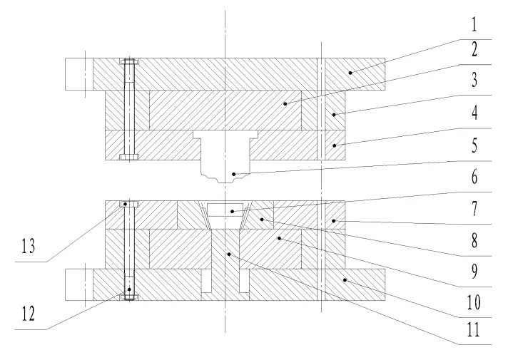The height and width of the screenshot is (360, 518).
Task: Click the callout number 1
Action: pos(474,25)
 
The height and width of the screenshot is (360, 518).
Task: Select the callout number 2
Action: pos(474,49)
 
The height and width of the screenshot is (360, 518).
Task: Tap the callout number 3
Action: pos(474,80)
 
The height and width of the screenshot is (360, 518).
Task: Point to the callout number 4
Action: pos(474,113)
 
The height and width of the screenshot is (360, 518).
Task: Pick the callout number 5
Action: pos(474,145)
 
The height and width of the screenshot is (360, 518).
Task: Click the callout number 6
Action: pos(474,178)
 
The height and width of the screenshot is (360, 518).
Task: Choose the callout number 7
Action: pos(474,209)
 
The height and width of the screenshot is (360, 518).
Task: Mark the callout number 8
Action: pos(474,240)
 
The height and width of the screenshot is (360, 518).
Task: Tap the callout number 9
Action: pos(474,272)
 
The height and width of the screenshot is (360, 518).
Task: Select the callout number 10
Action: pos(474,302)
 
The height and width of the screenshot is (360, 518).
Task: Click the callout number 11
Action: pos(473,329)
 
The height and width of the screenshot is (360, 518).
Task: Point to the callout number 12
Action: pos(29,314)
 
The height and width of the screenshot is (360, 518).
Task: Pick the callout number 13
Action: pos(29,246)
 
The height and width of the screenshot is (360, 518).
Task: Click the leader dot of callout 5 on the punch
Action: pos(233,174)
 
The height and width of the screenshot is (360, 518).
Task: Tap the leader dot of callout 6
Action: pos(233,211)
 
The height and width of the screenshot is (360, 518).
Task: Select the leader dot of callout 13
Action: pos(126,204)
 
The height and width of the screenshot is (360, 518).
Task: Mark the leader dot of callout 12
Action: pos(129,289)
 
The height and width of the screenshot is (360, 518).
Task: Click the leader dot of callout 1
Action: pos(350,73)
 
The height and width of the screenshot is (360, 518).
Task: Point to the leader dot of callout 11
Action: pos(228,254)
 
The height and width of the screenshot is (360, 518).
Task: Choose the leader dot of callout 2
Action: pos(285,104)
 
